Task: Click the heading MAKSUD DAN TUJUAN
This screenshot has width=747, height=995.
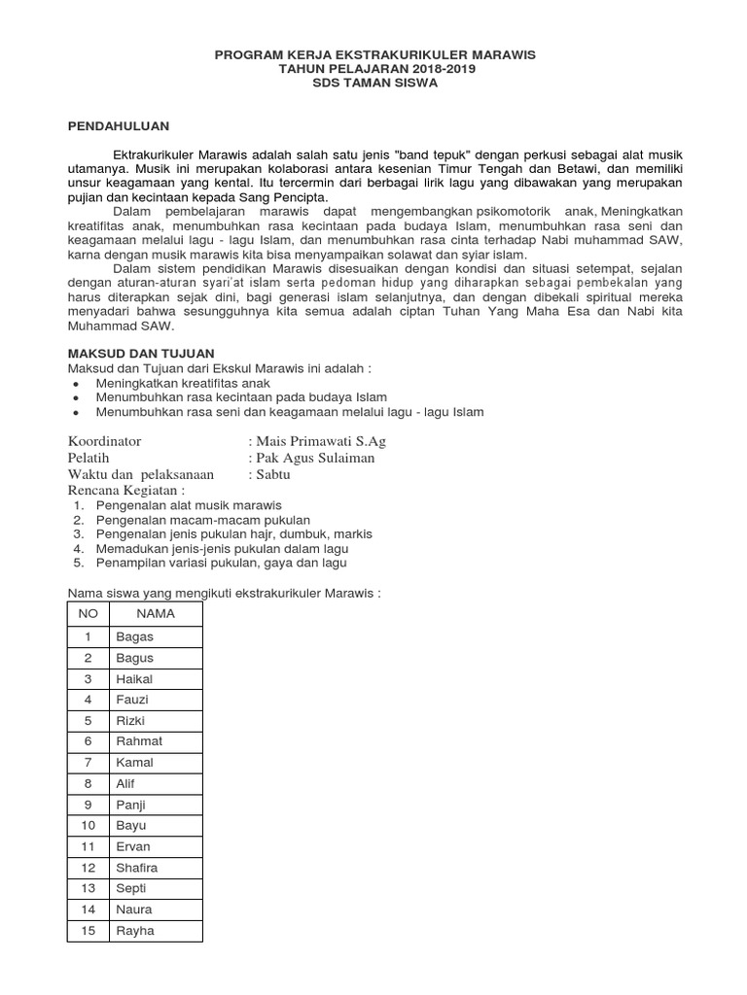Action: pyautogui.click(x=140, y=353)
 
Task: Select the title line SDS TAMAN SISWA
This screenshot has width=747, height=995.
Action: pyautogui.click(x=374, y=83)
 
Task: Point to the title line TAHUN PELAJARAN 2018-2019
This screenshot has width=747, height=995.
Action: pyautogui.click(x=374, y=69)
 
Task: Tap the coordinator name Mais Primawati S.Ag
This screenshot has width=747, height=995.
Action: pyautogui.click(x=322, y=441)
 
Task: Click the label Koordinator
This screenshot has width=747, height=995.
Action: pyautogui.click(x=104, y=441)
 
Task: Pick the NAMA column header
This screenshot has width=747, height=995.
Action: pyautogui.click(x=156, y=614)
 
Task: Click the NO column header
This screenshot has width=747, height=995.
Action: pyautogui.click(x=88, y=614)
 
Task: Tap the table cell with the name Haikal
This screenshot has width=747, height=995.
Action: pyautogui.click(x=134, y=678)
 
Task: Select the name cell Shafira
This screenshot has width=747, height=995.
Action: pyautogui.click(x=136, y=867)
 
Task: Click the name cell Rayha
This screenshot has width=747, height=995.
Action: pyautogui.click(x=134, y=930)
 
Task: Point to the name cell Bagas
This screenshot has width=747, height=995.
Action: pyautogui.click(x=134, y=636)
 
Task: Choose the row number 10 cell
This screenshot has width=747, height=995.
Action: pyautogui.click(x=88, y=825)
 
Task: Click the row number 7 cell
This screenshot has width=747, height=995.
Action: pyautogui.click(x=88, y=762)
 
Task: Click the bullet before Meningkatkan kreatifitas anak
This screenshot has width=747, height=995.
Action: pyautogui.click(x=76, y=384)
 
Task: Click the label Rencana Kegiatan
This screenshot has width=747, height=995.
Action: pyautogui.click(x=125, y=491)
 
